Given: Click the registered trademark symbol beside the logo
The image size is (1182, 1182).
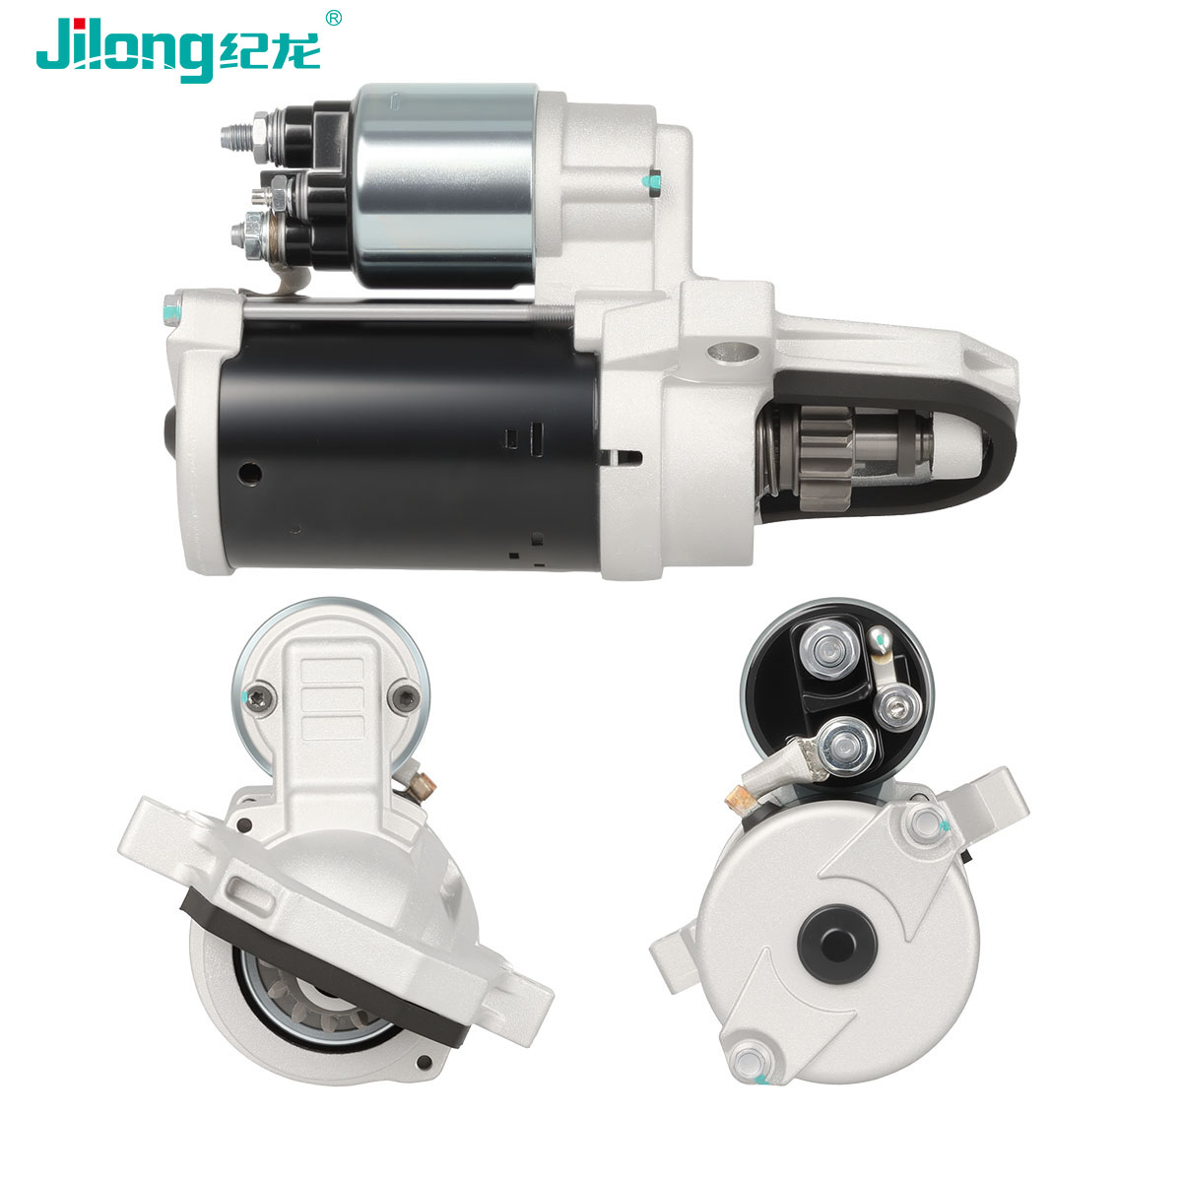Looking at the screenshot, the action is coord(333,18).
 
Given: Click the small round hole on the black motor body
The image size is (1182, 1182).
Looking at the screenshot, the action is coord(250,473).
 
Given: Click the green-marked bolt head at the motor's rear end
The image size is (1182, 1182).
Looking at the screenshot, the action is coord(171,309).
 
